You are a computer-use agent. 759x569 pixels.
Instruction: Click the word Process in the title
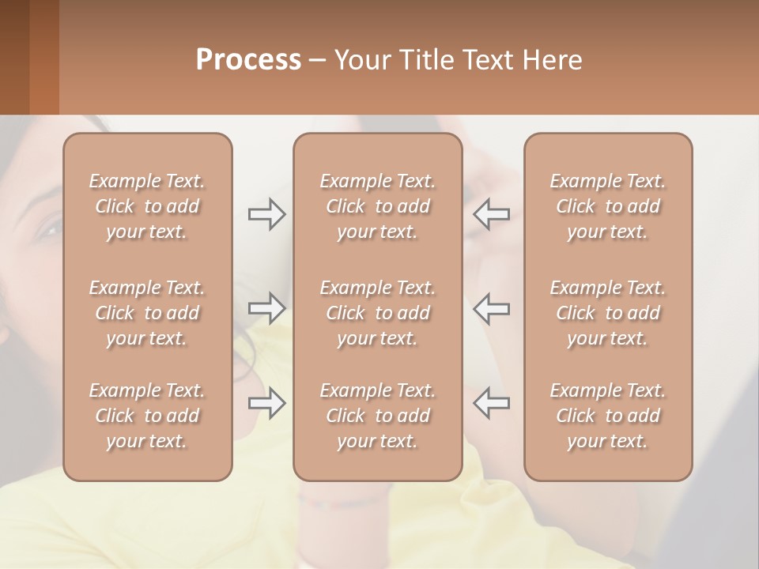[x=248, y=59]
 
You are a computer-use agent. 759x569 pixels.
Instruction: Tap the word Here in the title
[x=551, y=59]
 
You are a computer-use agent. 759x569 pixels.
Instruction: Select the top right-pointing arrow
[x=266, y=214]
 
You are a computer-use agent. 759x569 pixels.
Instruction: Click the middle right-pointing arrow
[x=266, y=307]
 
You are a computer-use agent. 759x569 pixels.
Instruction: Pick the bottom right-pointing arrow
[x=266, y=403]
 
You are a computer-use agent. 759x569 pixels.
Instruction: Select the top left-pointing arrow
[x=492, y=214]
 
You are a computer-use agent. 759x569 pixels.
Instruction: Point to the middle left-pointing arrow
[x=492, y=307]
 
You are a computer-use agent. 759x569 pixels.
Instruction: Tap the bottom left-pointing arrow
[x=492, y=403]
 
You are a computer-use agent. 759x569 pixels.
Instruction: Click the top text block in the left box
[x=147, y=206]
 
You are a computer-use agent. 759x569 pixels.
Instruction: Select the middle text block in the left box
[x=147, y=313]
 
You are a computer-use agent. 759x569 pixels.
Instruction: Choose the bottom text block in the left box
[x=147, y=416]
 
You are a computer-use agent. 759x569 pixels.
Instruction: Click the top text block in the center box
[x=378, y=206]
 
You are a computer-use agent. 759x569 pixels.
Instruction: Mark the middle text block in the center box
[x=378, y=313]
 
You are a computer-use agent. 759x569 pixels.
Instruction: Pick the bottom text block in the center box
[x=378, y=416]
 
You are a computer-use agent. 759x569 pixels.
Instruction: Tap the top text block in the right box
[x=608, y=206]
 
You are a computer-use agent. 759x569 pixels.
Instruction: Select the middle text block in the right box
[x=608, y=313]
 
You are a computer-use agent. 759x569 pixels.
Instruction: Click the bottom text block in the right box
[x=608, y=416]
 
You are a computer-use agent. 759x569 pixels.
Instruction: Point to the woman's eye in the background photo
[x=49, y=230]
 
